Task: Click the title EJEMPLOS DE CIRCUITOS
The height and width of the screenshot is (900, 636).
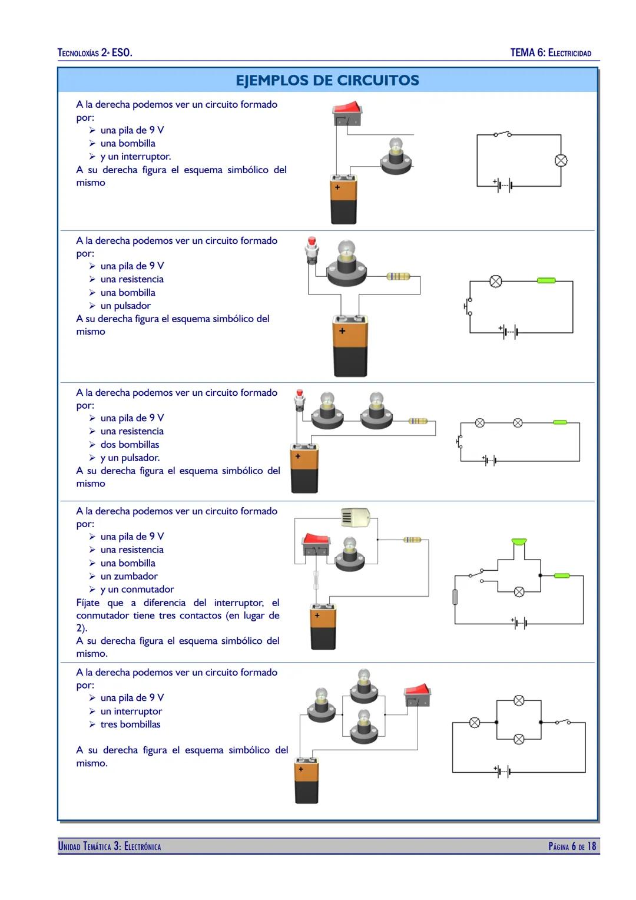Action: tap(327, 81)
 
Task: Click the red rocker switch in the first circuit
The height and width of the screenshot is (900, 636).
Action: tap(347, 111)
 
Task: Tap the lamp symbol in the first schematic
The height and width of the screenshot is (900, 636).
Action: tap(561, 160)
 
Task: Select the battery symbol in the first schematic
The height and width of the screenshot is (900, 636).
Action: tap(504, 186)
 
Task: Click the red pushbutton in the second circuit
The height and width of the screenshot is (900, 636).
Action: tap(312, 246)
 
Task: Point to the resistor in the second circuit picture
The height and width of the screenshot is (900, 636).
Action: tap(399, 276)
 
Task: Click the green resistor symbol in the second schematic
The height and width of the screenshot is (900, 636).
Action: tap(546, 280)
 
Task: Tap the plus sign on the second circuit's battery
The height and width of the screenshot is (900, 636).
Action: tap(342, 331)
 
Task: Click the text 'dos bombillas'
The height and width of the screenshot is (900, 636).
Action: tap(130, 445)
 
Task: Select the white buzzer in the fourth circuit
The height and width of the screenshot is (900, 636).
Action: tap(356, 517)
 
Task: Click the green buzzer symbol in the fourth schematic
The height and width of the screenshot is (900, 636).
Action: tap(519, 541)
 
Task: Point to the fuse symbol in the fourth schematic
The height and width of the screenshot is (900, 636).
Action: tap(455, 597)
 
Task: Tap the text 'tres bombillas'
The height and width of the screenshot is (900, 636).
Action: tap(130, 724)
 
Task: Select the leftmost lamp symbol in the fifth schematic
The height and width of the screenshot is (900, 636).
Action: tap(475, 722)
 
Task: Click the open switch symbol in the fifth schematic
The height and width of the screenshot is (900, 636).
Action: tap(562, 722)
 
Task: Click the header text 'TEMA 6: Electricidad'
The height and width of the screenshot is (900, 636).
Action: tap(551, 53)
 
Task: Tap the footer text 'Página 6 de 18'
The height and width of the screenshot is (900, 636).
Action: tap(572, 846)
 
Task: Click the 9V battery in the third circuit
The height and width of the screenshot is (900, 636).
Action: tap(304, 469)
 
